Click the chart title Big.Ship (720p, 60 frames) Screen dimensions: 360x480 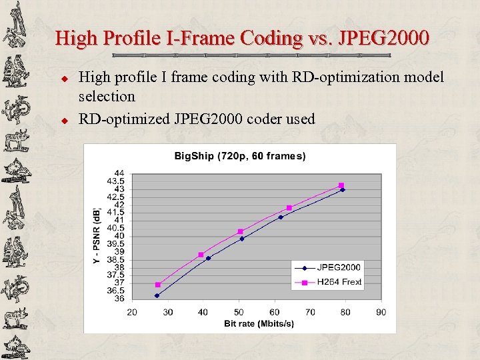(240, 157)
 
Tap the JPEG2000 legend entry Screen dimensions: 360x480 (338, 268)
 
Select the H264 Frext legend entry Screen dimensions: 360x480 (339, 282)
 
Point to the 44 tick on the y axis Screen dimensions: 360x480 (120, 173)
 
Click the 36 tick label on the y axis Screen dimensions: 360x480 (120, 299)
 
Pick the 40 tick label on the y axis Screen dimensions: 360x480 (120, 236)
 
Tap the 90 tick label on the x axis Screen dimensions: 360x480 (381, 312)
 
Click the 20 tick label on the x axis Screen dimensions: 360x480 (132, 312)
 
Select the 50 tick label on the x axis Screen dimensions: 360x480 (239, 312)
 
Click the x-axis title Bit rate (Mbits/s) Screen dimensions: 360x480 (258, 324)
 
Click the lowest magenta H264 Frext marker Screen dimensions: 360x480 (158, 285)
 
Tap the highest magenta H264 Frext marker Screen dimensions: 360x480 (341, 185)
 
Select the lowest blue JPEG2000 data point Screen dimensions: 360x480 (157, 295)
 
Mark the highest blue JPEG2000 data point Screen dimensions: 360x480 (343, 190)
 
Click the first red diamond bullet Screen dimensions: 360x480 (65, 77)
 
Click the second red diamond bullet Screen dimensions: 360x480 (65, 120)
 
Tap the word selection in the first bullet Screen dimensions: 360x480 (107, 96)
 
